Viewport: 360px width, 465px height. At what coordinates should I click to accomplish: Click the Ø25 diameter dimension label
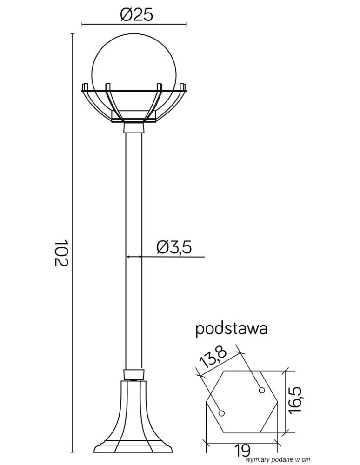(136, 15)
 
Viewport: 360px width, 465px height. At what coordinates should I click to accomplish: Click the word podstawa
(231, 329)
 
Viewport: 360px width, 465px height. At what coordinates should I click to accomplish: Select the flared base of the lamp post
(133, 418)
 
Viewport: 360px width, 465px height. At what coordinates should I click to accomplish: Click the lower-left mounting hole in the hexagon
(222, 413)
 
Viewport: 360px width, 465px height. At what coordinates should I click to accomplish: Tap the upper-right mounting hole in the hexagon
(262, 390)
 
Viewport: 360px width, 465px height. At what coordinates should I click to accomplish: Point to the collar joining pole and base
(133, 375)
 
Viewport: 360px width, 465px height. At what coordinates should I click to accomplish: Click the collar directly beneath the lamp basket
(133, 127)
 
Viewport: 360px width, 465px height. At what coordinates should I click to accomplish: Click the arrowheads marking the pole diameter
(133, 256)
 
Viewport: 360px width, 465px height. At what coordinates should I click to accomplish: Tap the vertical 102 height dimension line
(73, 242)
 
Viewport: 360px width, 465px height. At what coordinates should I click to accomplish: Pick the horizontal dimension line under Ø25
(134, 24)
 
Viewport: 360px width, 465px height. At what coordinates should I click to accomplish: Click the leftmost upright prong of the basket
(85, 87)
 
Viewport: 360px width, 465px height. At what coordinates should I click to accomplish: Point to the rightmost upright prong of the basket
(183, 87)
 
